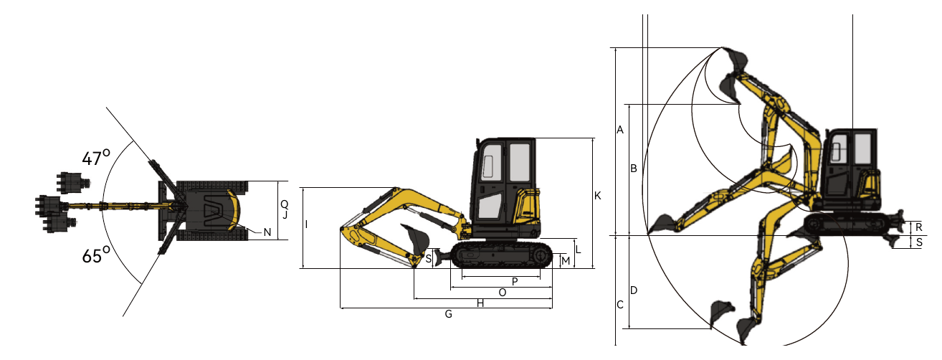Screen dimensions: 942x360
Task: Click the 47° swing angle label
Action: [x=96, y=158]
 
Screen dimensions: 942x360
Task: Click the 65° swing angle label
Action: [x=96, y=255]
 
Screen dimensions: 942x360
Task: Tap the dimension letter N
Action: [x=267, y=232]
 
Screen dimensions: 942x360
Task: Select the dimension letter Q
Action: [x=285, y=204]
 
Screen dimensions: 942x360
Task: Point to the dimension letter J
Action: [x=285, y=215]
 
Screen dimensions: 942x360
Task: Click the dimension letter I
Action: [x=306, y=224]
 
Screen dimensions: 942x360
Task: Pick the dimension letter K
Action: [x=598, y=196]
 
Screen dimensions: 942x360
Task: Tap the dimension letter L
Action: [x=579, y=250]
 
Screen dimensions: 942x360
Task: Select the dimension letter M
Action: [x=566, y=261]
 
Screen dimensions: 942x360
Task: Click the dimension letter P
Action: [x=515, y=282]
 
